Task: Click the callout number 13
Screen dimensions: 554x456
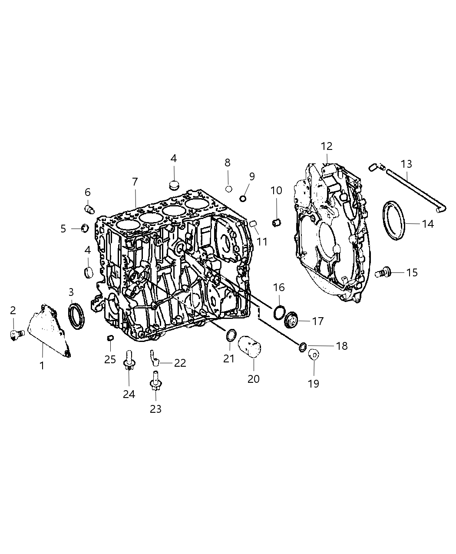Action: [406, 164]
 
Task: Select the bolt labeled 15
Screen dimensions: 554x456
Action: [382, 273]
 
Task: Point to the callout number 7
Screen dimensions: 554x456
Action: [135, 182]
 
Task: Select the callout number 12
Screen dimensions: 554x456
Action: [327, 146]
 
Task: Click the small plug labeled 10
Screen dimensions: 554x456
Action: [276, 223]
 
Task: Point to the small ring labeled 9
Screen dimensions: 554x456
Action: [243, 199]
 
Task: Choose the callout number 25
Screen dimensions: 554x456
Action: [110, 359]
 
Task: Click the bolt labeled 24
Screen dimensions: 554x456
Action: [129, 361]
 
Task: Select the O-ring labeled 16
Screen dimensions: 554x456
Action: [279, 312]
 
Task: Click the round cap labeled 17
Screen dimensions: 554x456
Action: [293, 322]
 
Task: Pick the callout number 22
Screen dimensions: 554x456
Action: [180, 363]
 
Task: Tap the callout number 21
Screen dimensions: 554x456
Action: [229, 358]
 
